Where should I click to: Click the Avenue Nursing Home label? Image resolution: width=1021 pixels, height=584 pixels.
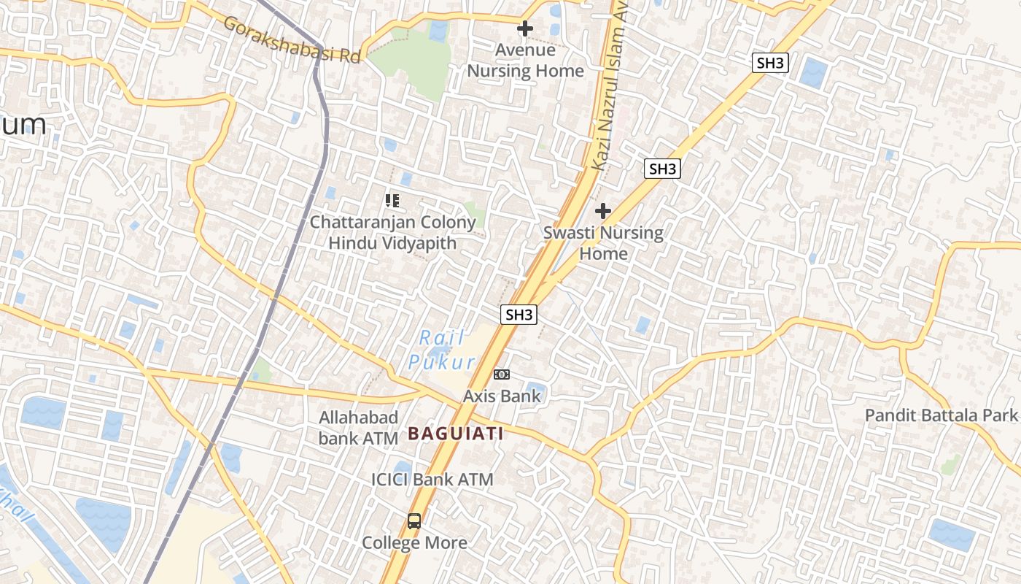tap(525, 61)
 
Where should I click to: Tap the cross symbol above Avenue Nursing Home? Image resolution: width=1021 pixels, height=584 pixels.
tap(524, 29)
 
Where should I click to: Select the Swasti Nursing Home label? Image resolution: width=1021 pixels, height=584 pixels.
tap(603, 243)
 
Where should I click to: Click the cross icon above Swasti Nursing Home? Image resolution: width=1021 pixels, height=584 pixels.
tap(602, 212)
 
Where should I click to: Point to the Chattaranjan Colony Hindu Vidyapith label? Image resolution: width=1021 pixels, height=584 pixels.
tap(392, 232)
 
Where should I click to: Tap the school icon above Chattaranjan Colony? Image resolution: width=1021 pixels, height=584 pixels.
tap(392, 200)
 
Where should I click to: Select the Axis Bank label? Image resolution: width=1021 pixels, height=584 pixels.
tap(502, 396)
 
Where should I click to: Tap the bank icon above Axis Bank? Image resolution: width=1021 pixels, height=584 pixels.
tap(502, 374)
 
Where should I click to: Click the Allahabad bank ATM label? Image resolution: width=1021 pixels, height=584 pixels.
tap(359, 428)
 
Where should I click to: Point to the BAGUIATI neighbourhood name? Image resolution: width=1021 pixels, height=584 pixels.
tap(456, 434)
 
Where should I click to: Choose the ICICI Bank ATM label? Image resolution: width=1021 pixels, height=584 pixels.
tap(432, 480)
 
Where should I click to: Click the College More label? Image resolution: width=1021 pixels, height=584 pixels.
tap(415, 543)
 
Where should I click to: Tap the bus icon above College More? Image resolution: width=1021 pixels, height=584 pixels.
tap(414, 521)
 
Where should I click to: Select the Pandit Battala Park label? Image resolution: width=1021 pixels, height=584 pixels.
tap(941, 415)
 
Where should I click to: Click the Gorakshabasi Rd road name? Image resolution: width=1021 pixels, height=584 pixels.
tap(292, 40)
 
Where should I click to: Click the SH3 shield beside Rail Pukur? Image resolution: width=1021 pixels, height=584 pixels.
tap(519, 315)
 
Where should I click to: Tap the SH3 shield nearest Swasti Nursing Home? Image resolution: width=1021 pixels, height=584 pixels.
tap(663, 169)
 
